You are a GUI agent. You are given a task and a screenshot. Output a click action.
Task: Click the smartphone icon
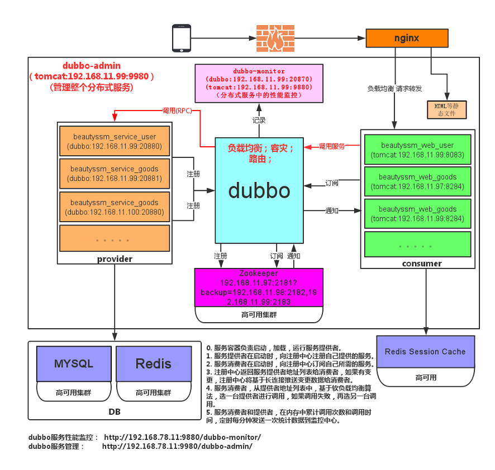click(x=182, y=38)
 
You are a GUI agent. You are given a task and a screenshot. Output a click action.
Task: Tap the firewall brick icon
click(x=275, y=39)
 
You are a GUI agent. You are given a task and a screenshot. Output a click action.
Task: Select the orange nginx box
click(x=407, y=38)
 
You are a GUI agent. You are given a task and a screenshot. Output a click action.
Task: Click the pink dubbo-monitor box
click(x=259, y=83)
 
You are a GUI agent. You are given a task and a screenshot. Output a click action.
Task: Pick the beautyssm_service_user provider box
click(x=115, y=141)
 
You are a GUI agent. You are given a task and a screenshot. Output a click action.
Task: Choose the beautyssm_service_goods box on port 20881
click(x=115, y=174)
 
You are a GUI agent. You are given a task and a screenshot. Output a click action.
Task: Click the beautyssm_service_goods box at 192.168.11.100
click(x=115, y=207)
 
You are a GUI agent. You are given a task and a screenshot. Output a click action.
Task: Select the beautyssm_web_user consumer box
click(x=418, y=150)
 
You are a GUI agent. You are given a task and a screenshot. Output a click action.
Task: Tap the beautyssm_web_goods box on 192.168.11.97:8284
click(x=418, y=181)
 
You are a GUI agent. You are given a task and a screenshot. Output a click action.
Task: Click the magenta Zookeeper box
click(x=259, y=287)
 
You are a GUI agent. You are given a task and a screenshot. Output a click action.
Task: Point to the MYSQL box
click(x=74, y=364)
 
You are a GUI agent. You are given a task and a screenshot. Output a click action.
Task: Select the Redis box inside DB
click(x=154, y=364)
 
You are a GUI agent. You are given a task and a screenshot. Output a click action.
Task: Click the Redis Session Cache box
click(x=426, y=352)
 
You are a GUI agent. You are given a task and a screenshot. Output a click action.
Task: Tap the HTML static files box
click(x=447, y=110)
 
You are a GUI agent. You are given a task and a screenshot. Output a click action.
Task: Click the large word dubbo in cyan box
click(x=259, y=191)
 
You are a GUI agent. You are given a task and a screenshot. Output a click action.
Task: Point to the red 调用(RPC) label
click(x=177, y=111)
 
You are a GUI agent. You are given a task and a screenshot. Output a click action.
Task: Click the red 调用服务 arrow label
click(x=332, y=146)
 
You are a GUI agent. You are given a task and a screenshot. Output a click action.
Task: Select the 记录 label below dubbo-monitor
click(x=259, y=120)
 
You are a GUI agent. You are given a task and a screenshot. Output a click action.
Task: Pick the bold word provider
click(x=115, y=259)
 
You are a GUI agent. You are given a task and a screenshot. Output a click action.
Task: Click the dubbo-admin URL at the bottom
click(x=177, y=447)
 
